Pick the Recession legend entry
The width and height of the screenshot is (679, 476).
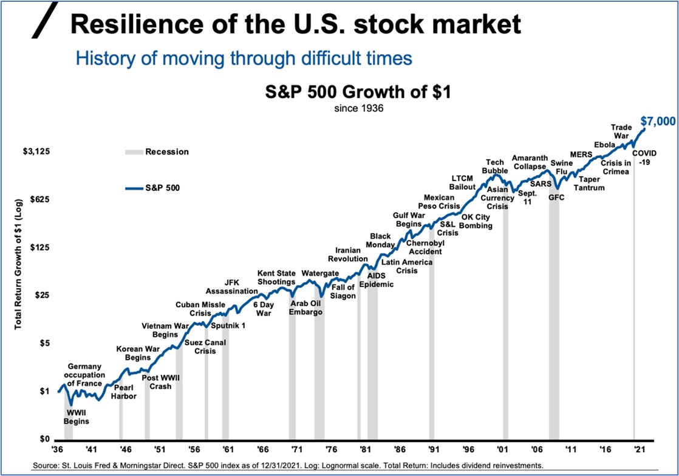[166, 152]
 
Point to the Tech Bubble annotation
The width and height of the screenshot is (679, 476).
[494, 166]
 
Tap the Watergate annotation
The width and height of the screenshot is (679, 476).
[320, 273]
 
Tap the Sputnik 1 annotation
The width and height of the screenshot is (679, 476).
[228, 325]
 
